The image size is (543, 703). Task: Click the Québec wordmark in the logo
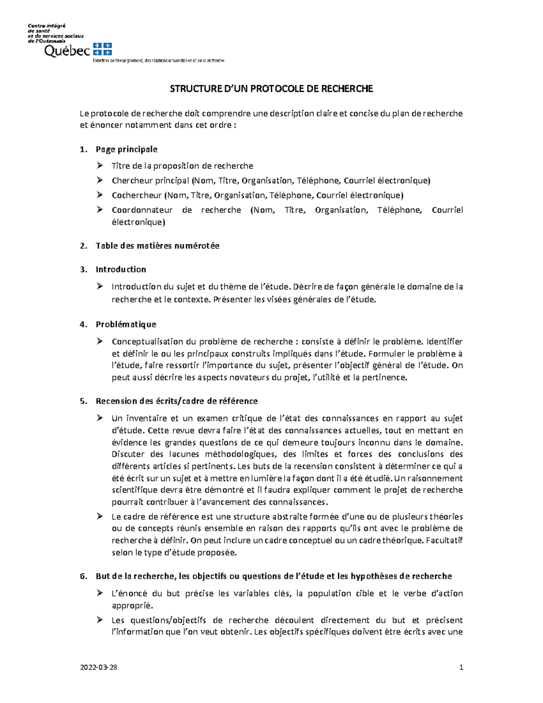[x=67, y=51]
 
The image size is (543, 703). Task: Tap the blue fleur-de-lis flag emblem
[x=102, y=49]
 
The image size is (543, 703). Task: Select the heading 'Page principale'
[x=126, y=149]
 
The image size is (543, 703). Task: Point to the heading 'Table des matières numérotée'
[x=157, y=246]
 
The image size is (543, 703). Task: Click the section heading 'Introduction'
[x=120, y=269]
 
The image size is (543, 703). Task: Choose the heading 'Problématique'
[x=126, y=324]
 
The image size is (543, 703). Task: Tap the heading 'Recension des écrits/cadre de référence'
[x=176, y=401]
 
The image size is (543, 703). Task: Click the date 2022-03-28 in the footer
[x=99, y=667]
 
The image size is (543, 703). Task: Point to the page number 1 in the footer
[x=461, y=667]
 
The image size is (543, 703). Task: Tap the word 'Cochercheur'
[x=137, y=196]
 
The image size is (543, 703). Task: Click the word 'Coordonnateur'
[x=142, y=210]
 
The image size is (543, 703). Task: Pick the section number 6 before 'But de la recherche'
[x=83, y=576]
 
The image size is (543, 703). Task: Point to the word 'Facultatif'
[x=444, y=540]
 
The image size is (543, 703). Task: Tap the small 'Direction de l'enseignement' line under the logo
[x=158, y=61]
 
